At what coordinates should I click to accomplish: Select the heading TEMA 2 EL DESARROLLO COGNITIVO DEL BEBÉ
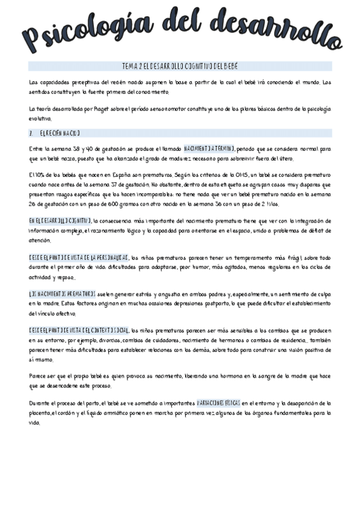pyautogui.click(x=180, y=66)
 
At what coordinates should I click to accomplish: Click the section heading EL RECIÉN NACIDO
pyautogui.click(x=59, y=133)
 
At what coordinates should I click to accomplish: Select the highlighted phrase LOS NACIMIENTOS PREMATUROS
pyautogui.click(x=61, y=293)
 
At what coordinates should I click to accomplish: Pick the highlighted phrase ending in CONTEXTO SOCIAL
pyautogui.click(x=78, y=330)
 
